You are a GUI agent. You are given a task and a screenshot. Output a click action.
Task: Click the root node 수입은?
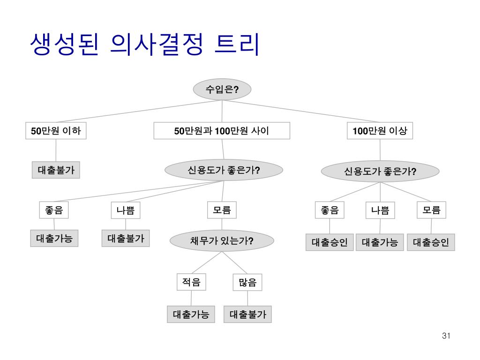[x=222, y=90]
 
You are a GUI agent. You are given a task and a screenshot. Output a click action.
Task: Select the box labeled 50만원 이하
[x=56, y=131]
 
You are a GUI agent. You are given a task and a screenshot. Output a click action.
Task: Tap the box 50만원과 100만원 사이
[x=222, y=131]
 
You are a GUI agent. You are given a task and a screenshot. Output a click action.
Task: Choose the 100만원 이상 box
[x=380, y=131]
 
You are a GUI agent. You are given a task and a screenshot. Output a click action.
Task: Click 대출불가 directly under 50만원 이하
[x=56, y=170]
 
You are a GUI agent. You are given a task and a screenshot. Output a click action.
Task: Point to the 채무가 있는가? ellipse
[x=222, y=241]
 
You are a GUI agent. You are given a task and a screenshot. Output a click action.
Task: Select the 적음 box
[x=191, y=282]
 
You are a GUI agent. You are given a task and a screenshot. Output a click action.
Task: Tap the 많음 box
[x=247, y=283]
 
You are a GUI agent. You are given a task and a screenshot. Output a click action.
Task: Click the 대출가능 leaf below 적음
[x=191, y=314]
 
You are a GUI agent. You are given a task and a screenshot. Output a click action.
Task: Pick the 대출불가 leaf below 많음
[x=247, y=314]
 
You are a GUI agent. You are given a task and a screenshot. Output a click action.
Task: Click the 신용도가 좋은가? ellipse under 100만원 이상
[x=380, y=172]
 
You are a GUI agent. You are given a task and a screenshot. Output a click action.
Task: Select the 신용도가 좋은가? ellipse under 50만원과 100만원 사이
[x=224, y=170]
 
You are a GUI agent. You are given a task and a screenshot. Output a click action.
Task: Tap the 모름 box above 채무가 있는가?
[x=222, y=210]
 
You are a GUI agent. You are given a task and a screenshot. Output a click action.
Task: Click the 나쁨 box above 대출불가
[x=126, y=210]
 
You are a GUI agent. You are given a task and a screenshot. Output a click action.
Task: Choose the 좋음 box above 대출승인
[x=330, y=210]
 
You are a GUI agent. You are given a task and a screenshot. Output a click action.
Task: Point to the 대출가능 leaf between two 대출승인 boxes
[x=380, y=242]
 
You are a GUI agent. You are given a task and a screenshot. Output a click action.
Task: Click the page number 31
[x=446, y=336]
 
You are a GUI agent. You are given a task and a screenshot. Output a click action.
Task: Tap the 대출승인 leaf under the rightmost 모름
[x=431, y=242]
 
